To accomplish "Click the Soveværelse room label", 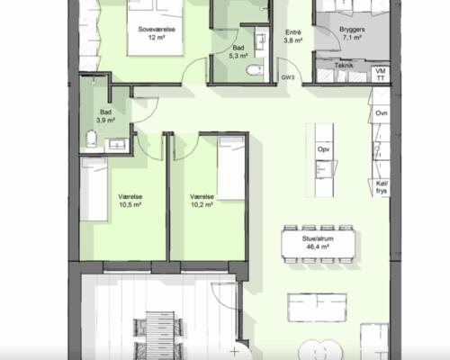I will point(154,28).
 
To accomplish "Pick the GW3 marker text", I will point(288,78).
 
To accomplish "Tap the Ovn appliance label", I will point(381,113).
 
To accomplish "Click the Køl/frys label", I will point(381,184).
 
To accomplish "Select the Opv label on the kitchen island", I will point(323,149).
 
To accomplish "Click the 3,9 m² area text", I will point(106,121).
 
